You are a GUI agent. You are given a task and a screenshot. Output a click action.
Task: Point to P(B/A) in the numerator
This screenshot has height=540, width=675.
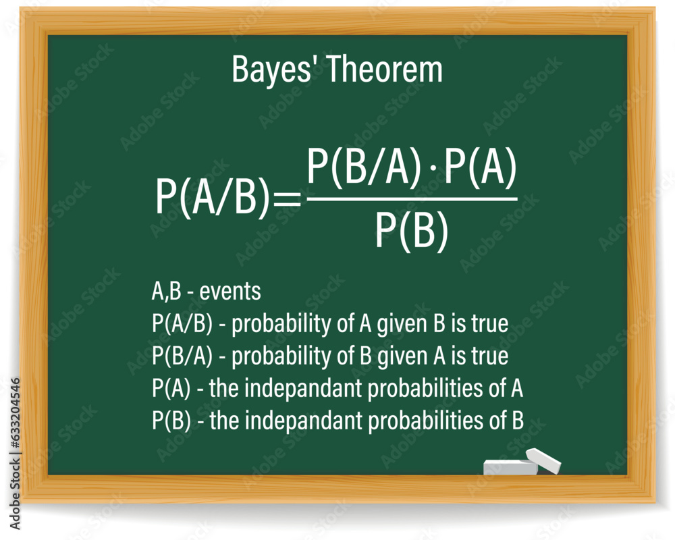[358, 168]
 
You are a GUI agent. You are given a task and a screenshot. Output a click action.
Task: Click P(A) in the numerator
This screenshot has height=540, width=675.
[480, 168]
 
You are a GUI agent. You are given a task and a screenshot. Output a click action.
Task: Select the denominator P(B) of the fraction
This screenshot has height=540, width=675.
[412, 230]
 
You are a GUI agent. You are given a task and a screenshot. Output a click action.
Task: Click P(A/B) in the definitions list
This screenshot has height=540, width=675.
[182, 324]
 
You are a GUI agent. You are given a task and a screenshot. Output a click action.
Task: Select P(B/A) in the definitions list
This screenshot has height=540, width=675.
[182, 356]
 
